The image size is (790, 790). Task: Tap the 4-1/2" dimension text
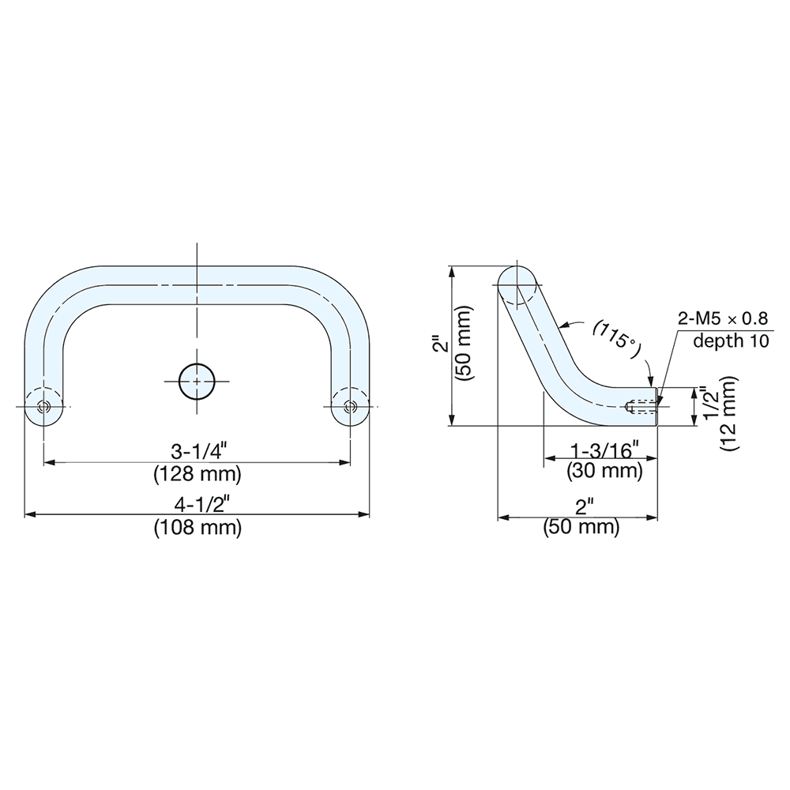tap(197, 503)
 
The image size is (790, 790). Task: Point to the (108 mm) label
tap(197, 527)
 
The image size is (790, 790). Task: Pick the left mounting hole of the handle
tap(44, 406)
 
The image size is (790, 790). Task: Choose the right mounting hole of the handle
tap(349, 406)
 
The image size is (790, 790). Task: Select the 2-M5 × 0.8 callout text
tap(723, 320)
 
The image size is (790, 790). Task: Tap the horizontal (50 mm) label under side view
tap(581, 527)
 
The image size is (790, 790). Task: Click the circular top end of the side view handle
tap(518, 284)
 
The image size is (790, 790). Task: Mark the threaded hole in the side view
tap(641, 408)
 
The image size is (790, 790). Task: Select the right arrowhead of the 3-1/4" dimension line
tap(347, 462)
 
